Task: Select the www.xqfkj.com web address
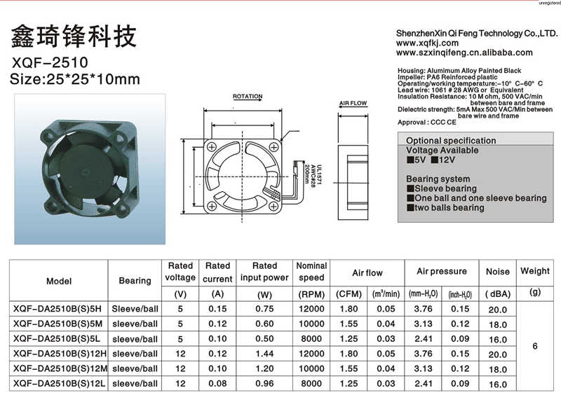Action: pyautogui.click(x=427, y=43)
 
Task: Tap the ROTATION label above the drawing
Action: pyautogui.click(x=247, y=97)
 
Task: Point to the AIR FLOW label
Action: pyautogui.click(x=353, y=103)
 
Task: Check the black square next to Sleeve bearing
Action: pyautogui.click(x=410, y=189)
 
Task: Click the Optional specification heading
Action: pyautogui.click(x=451, y=141)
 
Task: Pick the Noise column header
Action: pyautogui.click(x=498, y=272)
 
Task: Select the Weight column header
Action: pyautogui.click(x=535, y=271)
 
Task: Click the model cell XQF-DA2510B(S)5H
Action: pyautogui.click(x=58, y=309)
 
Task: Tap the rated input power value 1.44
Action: pyautogui.click(x=264, y=354)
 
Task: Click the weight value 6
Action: pyautogui.click(x=535, y=346)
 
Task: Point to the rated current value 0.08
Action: pyautogui.click(x=217, y=384)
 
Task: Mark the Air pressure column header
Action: pyautogui.click(x=441, y=271)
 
